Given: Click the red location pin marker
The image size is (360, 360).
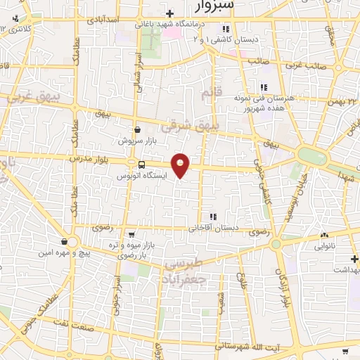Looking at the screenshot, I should click(x=181, y=165).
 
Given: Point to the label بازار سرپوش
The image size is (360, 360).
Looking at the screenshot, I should click(x=136, y=141).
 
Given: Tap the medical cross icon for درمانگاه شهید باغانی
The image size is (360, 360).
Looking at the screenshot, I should click(x=169, y=14).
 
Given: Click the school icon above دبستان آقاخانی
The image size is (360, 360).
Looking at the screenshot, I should click(x=212, y=217).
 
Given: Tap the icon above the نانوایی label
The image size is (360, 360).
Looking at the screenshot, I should click(x=324, y=236).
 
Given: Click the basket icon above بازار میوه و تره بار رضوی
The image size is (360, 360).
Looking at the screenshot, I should click(x=132, y=235).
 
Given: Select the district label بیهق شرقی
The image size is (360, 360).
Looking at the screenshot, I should click(x=190, y=127).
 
